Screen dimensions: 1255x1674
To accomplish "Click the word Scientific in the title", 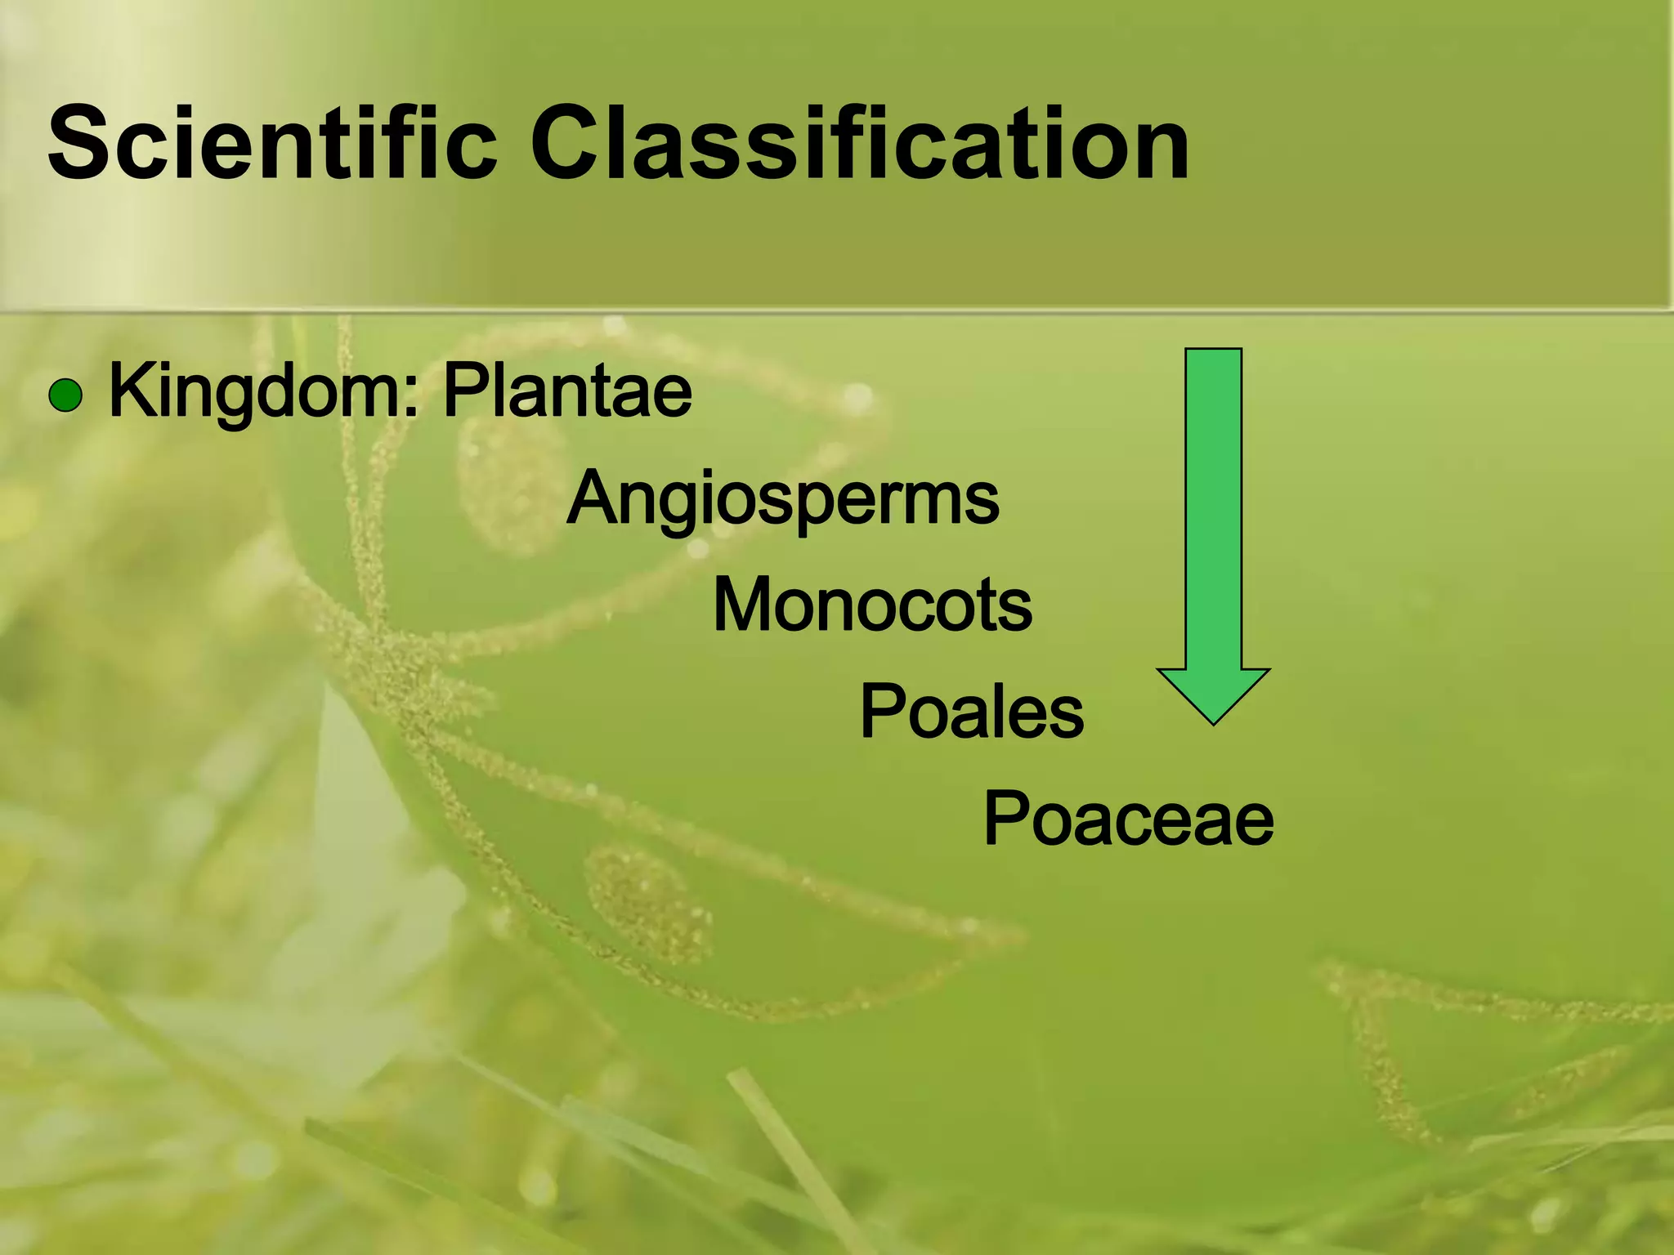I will tap(271, 144).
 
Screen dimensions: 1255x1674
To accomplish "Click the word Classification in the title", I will tap(860, 144).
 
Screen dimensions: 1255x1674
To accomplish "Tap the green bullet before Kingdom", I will tap(65, 396).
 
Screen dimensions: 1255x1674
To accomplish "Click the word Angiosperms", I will tap(782, 499).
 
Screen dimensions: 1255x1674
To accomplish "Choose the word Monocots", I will tap(872, 605).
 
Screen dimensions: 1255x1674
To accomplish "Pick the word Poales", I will tap(971, 712).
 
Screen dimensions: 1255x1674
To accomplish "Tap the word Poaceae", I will tap(1128, 819).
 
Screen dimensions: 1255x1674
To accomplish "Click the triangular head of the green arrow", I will tap(1213, 693).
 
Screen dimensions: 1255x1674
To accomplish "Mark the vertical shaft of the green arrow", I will tap(1213, 507).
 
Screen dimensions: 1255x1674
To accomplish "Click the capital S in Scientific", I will tap(82, 144).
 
